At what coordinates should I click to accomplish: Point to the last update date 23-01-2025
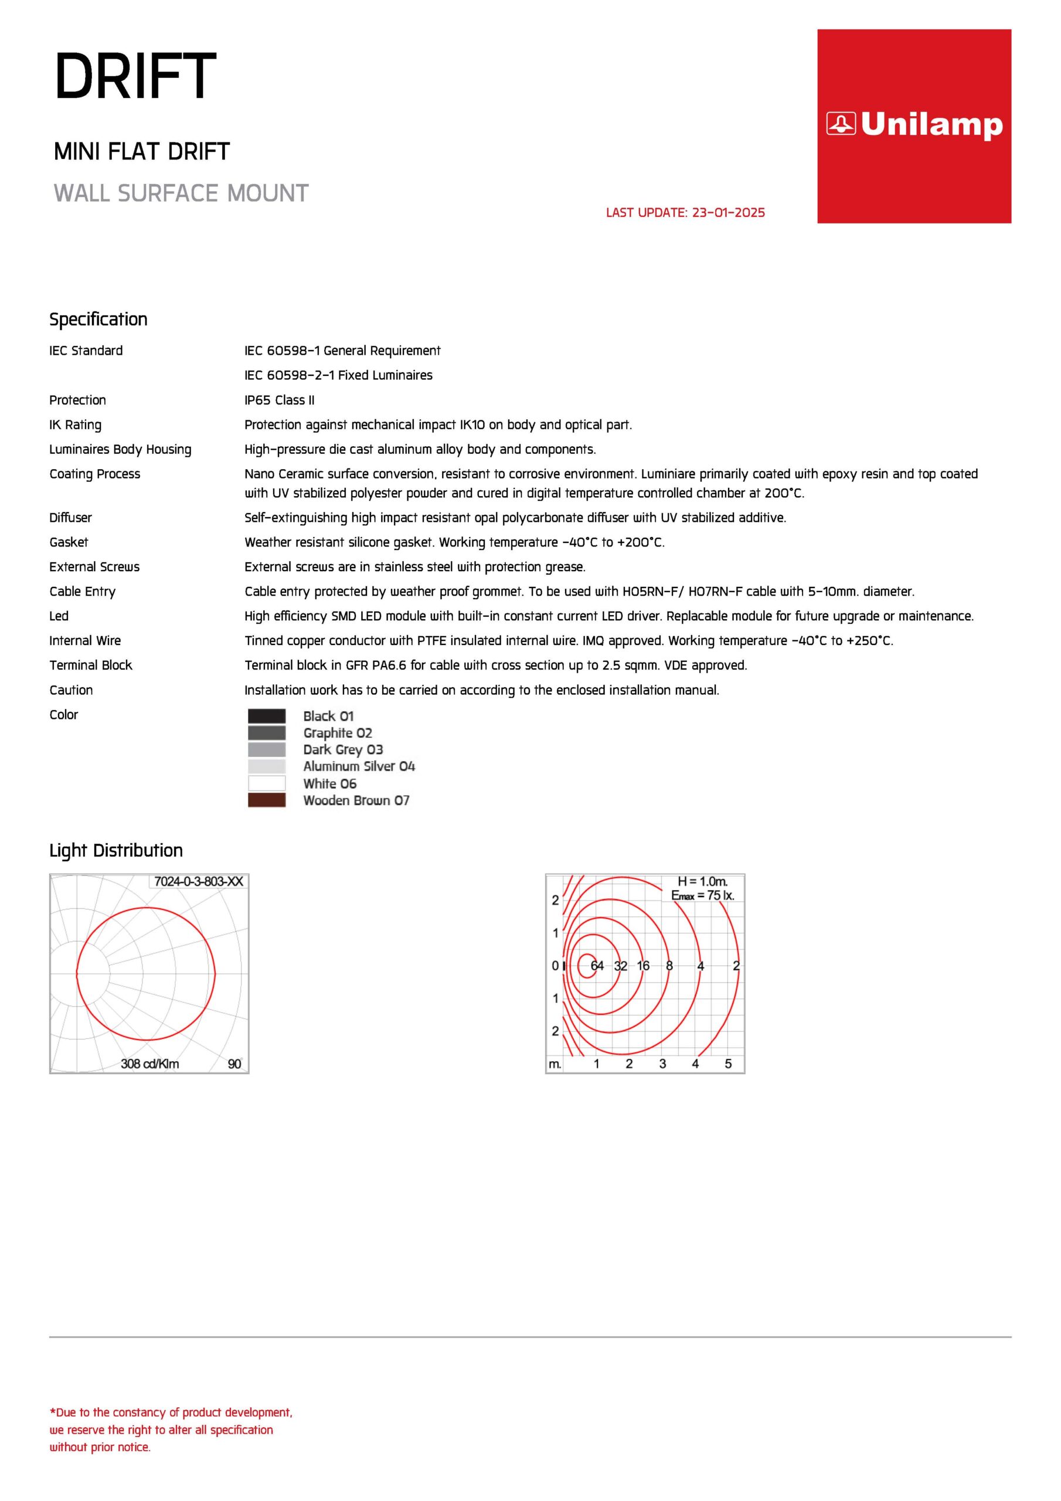coord(685,212)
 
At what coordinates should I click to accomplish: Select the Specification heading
coord(98,319)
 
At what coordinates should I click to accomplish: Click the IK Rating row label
coord(75,425)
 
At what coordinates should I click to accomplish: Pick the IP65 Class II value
coord(279,400)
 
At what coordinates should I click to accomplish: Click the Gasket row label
coord(69,542)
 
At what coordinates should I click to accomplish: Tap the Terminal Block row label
coord(90,665)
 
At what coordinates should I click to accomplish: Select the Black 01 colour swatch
coord(267,716)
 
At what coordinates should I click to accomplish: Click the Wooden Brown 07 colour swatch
coord(267,800)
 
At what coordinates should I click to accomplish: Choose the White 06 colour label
coord(329,783)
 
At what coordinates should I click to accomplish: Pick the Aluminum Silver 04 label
coord(359,766)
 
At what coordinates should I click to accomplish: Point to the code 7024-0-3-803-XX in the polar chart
coord(198,881)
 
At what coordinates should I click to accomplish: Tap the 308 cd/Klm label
coord(149,1064)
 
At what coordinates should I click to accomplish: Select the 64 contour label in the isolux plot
coord(597,966)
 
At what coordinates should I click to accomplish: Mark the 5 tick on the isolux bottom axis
coord(728,1064)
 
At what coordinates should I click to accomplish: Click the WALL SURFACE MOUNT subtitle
coord(181,193)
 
